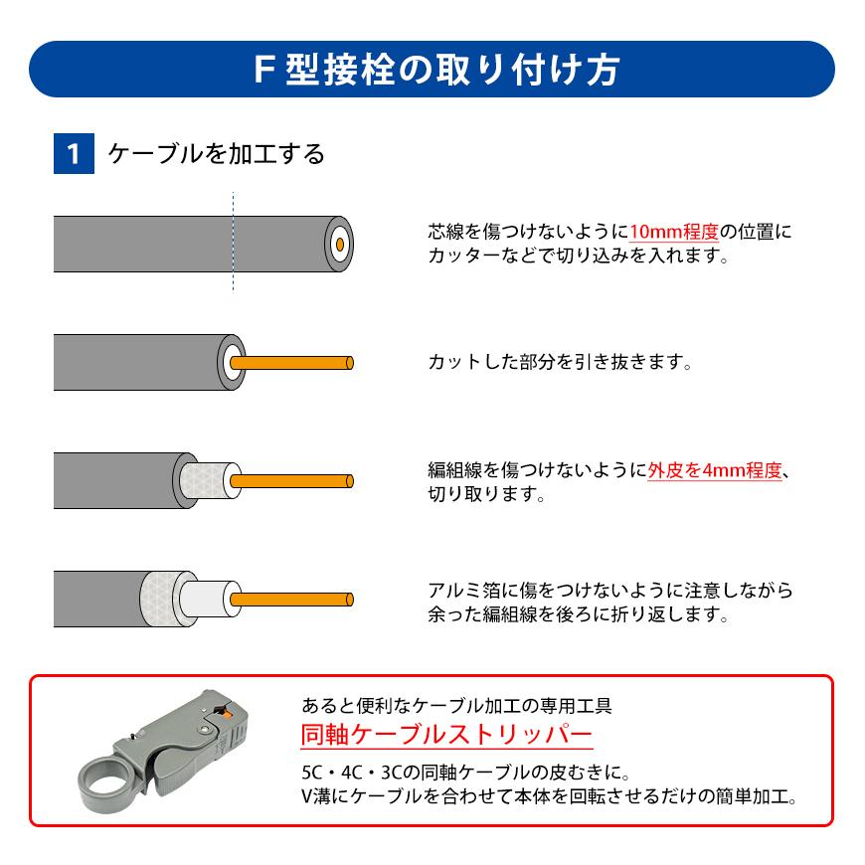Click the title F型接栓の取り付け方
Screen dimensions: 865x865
[432, 70]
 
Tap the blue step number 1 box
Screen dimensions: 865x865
[73, 154]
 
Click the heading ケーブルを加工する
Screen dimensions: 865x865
[216, 154]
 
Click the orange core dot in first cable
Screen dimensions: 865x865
[340, 243]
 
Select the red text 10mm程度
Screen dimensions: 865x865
[673, 232]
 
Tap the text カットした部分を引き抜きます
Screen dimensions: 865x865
[559, 362]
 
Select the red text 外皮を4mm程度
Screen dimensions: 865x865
[715, 470]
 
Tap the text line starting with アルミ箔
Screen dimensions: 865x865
[609, 590]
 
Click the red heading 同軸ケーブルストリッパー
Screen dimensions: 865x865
[446, 735]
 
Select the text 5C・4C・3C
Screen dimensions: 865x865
[347, 773]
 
